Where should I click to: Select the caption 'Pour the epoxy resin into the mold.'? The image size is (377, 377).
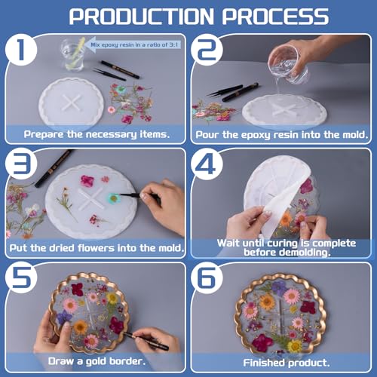(281, 134)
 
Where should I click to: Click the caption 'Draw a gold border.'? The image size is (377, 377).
(96, 361)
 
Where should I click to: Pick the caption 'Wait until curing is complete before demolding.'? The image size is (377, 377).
(281, 247)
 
